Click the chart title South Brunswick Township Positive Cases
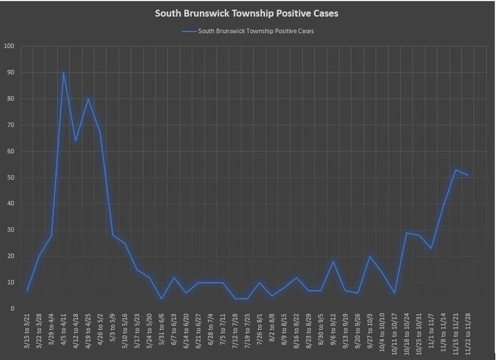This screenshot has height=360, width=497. click(x=247, y=13)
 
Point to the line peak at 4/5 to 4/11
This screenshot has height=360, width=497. click(x=64, y=72)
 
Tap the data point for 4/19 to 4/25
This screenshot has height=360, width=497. click(x=88, y=98)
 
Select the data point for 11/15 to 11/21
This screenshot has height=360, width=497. click(x=456, y=170)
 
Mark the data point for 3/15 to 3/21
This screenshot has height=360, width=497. click(x=27, y=291)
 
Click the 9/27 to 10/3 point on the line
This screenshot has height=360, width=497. click(x=370, y=256)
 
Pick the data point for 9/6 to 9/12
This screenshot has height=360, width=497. click(x=333, y=262)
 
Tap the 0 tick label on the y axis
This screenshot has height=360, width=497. click(x=12, y=309)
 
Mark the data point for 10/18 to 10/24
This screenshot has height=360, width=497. click(x=407, y=232)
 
